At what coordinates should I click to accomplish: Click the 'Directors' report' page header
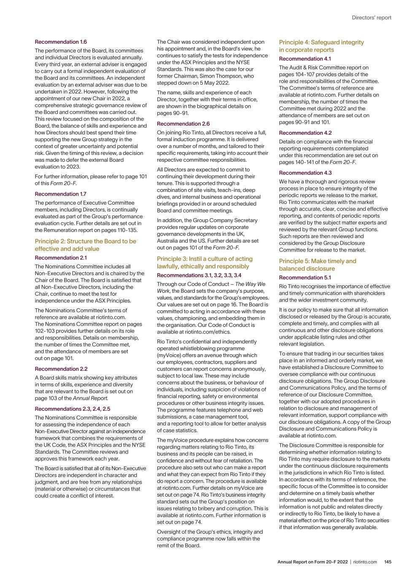[x=371, y=18]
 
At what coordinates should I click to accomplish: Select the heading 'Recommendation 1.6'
[x=61, y=42]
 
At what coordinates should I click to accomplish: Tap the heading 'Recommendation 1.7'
[x=60, y=194]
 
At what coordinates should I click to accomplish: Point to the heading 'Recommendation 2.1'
[x=61, y=258]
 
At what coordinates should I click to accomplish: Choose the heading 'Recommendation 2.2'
[x=61, y=369]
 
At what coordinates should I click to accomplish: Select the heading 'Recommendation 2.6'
[x=183, y=124]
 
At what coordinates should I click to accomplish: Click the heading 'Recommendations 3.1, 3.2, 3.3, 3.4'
[x=199, y=275]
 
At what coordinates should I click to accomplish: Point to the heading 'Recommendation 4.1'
[x=305, y=59]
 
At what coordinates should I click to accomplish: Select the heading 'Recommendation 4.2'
[x=305, y=133]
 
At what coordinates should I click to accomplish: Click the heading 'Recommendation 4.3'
[x=305, y=173]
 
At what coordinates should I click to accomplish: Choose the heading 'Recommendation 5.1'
[x=305, y=278]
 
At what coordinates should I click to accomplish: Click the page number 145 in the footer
[x=388, y=562]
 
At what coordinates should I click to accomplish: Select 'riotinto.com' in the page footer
[x=365, y=562]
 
